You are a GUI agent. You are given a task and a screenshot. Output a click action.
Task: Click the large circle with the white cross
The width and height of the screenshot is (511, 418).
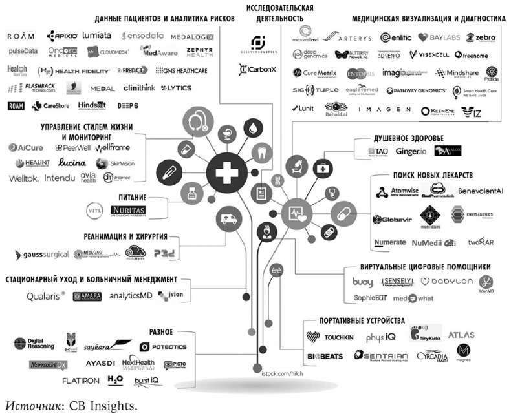[x=226, y=172]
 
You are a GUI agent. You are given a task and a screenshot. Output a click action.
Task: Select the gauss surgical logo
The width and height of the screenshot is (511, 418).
[x=42, y=254]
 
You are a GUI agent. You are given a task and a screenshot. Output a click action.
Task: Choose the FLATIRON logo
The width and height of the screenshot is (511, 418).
[x=80, y=381]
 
